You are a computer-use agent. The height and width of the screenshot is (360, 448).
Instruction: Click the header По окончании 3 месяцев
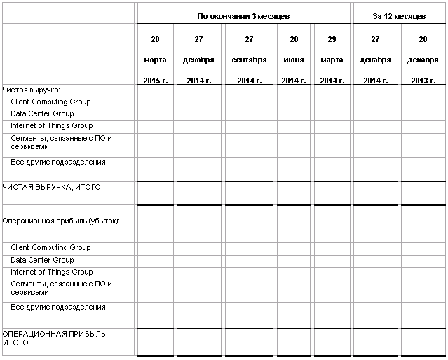click(x=243, y=15)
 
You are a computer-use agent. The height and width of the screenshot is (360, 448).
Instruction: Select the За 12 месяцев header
click(x=399, y=15)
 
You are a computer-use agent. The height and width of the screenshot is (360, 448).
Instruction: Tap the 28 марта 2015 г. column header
click(x=155, y=60)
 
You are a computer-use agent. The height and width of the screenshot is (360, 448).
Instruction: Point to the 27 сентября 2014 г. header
click(x=249, y=60)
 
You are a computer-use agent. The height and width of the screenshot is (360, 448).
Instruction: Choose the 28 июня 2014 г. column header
click(x=294, y=60)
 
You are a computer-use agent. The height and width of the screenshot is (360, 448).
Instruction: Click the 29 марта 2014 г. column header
click(x=332, y=60)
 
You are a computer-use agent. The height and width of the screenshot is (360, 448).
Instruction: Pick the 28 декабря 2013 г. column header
click(x=423, y=60)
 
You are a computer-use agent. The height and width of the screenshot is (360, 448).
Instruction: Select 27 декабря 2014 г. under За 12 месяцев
click(x=375, y=60)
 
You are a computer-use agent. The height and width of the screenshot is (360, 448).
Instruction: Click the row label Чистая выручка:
click(x=31, y=90)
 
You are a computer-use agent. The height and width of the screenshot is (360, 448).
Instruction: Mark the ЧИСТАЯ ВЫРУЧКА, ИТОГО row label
click(x=52, y=187)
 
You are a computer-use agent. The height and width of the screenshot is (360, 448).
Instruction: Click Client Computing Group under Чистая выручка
click(x=50, y=102)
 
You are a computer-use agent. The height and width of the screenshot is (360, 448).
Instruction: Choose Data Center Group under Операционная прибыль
click(x=42, y=260)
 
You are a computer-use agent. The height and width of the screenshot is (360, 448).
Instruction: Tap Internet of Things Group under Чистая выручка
click(x=51, y=126)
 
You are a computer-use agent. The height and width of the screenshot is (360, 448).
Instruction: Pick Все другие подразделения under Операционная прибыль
click(x=58, y=307)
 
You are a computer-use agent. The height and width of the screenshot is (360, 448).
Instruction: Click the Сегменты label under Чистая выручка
click(x=61, y=143)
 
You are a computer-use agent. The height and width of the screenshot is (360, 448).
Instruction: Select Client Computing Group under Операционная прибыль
click(x=50, y=247)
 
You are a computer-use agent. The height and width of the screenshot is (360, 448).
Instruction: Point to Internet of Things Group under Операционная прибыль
click(x=51, y=272)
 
